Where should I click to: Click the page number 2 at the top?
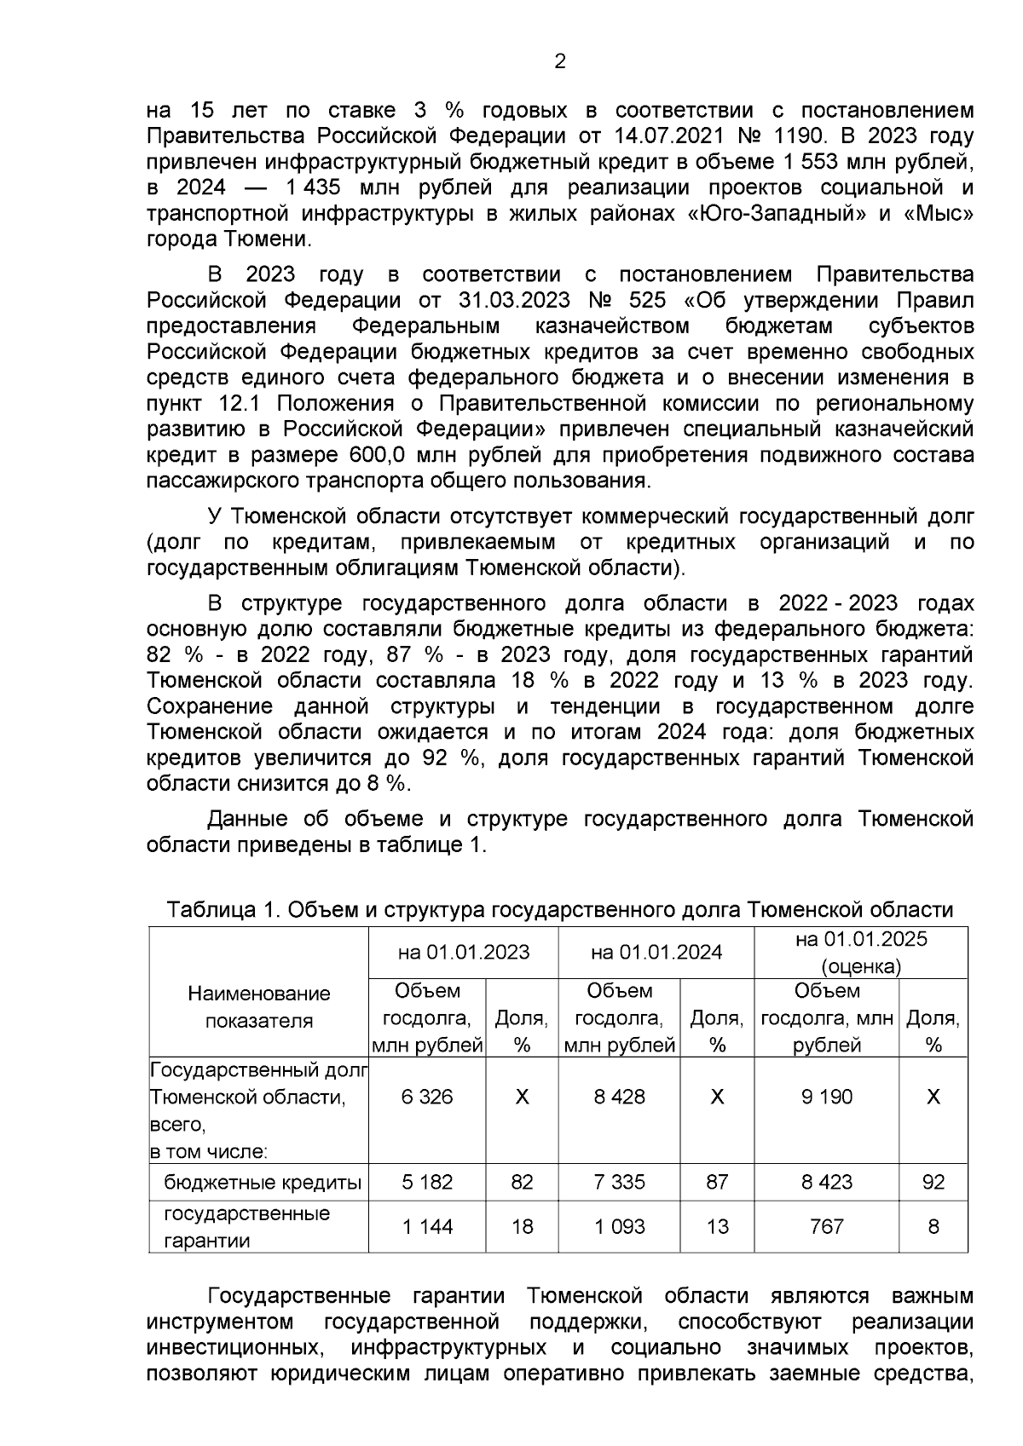[560, 61]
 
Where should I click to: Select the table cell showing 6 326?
[427, 1097]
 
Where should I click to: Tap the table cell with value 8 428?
[620, 1097]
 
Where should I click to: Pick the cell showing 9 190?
[826, 1097]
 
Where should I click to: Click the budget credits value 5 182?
[427, 1182]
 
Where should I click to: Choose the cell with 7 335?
[620, 1182]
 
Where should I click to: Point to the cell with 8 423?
[826, 1182]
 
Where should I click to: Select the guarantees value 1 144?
[427, 1227]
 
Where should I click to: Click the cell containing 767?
[826, 1227]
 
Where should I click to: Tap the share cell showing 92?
[933, 1182]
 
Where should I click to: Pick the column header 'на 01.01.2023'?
[464, 952]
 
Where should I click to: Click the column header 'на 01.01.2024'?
[656, 952]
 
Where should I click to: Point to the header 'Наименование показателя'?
[259, 1007]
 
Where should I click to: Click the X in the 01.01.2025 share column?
[933, 1097]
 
